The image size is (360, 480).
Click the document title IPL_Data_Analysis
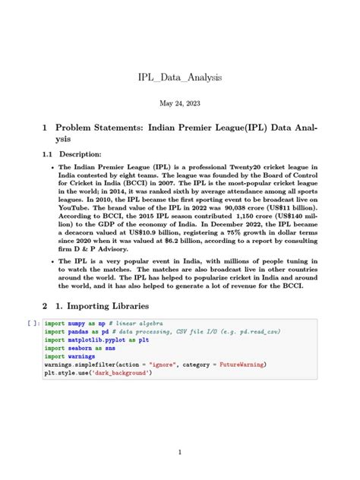click(x=179, y=77)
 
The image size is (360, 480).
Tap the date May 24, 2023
click(x=179, y=103)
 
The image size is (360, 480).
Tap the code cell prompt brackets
click(x=31, y=323)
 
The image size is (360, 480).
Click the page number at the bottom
click(x=179, y=453)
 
